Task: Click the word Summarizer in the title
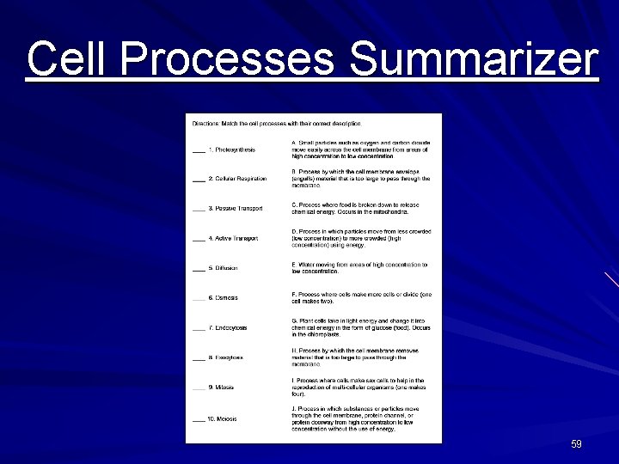[474, 59]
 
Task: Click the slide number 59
[576, 444]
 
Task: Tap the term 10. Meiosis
[224, 419]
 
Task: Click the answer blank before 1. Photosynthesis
[199, 151]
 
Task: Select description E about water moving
[359, 268]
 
